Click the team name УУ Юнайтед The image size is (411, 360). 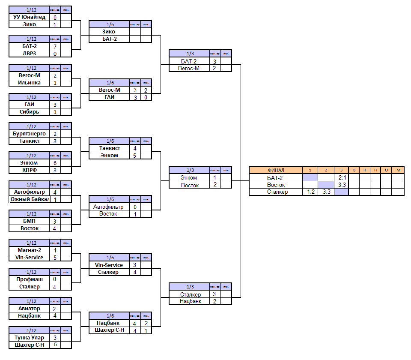tap(29, 18)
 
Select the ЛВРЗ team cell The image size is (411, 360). tap(29, 54)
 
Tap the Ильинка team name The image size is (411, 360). tap(29, 83)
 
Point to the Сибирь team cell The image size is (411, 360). tap(29, 112)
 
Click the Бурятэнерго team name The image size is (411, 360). tap(29, 134)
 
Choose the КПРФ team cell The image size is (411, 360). tap(29, 170)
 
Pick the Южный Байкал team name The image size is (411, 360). tap(29, 199)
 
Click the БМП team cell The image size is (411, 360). tap(29, 221)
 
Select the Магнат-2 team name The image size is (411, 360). tap(29, 250)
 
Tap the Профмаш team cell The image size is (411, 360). tap(29, 279)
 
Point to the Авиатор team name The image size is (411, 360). tap(29, 309)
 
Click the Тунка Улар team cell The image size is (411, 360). tap(29, 338)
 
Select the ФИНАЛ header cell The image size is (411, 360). tap(276, 170)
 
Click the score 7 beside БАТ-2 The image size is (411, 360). tap(55, 46)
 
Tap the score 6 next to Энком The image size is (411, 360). tap(55, 163)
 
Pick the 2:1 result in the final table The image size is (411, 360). tap(342, 177)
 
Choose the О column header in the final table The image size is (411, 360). tap(386, 170)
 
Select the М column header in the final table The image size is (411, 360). tap(398, 170)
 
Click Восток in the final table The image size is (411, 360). tap(276, 185)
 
